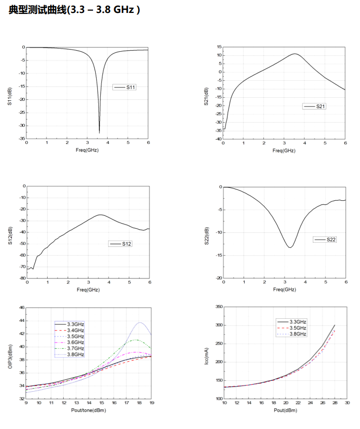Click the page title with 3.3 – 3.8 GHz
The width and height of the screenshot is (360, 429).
pos(74,9)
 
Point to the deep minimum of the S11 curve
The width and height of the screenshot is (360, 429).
pos(99,132)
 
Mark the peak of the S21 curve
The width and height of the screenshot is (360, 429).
pos(295,54)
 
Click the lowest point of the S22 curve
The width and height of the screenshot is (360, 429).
pos(290,247)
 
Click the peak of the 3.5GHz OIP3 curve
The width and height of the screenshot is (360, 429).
pos(140,322)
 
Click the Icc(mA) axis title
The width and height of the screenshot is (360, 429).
pos(206,353)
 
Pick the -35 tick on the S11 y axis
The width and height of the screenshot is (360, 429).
pos(21,139)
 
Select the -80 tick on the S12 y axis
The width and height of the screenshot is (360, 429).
pos(21,278)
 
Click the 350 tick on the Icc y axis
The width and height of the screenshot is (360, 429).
pos(217,307)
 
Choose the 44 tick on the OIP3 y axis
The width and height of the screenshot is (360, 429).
pos(21,321)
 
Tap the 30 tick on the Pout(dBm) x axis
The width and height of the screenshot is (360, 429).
pos(347,403)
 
